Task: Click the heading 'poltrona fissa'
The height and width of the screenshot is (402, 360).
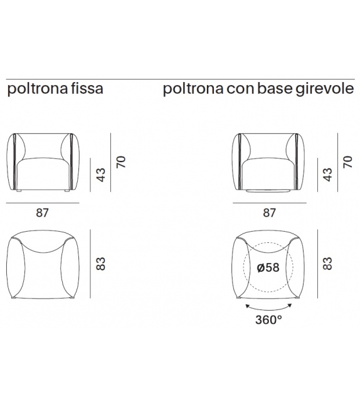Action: (x=55, y=90)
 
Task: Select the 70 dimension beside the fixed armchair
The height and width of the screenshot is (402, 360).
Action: (x=121, y=162)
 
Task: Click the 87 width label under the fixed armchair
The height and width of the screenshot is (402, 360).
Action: (x=42, y=212)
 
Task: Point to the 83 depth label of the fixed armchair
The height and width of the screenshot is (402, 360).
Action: (x=100, y=264)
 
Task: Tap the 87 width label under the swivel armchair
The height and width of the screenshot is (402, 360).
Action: (x=270, y=212)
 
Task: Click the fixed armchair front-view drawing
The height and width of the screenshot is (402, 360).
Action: (x=42, y=161)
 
